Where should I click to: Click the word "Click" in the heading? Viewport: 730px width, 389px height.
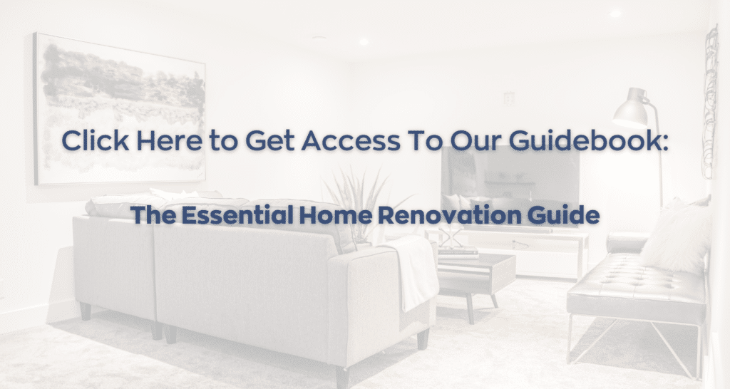[96, 140]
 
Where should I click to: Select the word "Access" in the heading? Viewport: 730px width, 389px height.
[351, 141]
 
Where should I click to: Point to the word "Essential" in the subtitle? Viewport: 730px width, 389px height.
[237, 215]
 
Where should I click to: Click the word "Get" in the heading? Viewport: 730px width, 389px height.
[269, 141]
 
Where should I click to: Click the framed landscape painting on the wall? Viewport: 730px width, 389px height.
[120, 109]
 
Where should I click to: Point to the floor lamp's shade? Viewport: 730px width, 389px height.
[632, 109]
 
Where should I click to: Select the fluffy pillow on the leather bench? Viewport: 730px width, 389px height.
[675, 237]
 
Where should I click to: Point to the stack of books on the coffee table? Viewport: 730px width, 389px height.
[458, 254]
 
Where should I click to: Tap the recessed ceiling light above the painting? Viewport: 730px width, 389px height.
[364, 41]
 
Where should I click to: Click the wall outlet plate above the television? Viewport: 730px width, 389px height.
[509, 98]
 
